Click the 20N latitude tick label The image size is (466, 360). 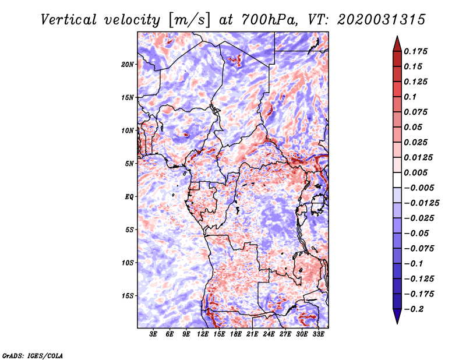[x=128, y=64]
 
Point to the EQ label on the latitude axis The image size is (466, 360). [x=129, y=197]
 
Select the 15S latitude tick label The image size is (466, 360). [x=128, y=296]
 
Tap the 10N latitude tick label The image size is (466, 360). [x=128, y=130]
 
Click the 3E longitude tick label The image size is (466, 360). [x=153, y=335]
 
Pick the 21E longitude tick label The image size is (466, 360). [x=253, y=335]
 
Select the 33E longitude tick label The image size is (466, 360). [x=319, y=335]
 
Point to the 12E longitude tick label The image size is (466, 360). [x=203, y=335]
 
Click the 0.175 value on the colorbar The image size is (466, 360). [x=417, y=51]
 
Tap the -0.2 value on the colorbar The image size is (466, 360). [x=416, y=309]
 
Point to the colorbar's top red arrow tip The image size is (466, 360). [x=397, y=37]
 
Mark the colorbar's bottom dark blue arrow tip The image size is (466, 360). [x=397, y=322]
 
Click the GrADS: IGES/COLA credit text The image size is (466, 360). [x=33, y=355]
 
